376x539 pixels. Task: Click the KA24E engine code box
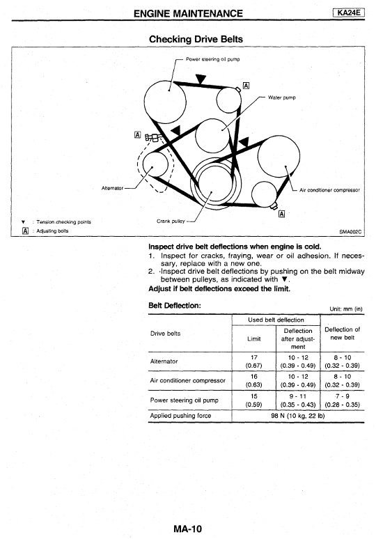349,13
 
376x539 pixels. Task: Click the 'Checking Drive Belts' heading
196,39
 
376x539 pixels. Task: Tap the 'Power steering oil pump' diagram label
213,59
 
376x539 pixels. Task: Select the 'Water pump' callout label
281,97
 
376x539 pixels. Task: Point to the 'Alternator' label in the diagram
112,188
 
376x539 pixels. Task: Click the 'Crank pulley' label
171,221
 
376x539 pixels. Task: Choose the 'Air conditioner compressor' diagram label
329,189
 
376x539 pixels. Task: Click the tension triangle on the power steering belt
201,79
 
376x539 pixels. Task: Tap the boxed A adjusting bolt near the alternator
137,135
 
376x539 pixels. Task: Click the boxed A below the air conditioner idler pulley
281,214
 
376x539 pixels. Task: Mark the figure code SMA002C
350,232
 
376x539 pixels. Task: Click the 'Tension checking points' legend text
63,222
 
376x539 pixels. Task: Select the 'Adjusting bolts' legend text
52,231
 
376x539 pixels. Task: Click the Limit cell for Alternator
254,361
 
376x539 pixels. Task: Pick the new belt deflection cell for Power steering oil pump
343,400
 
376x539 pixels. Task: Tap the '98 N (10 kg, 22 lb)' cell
297,416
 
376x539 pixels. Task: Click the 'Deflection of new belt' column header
343,334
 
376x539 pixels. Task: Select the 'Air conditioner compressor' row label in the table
188,380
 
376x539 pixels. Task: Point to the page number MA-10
188,529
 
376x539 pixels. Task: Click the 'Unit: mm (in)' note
346,308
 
